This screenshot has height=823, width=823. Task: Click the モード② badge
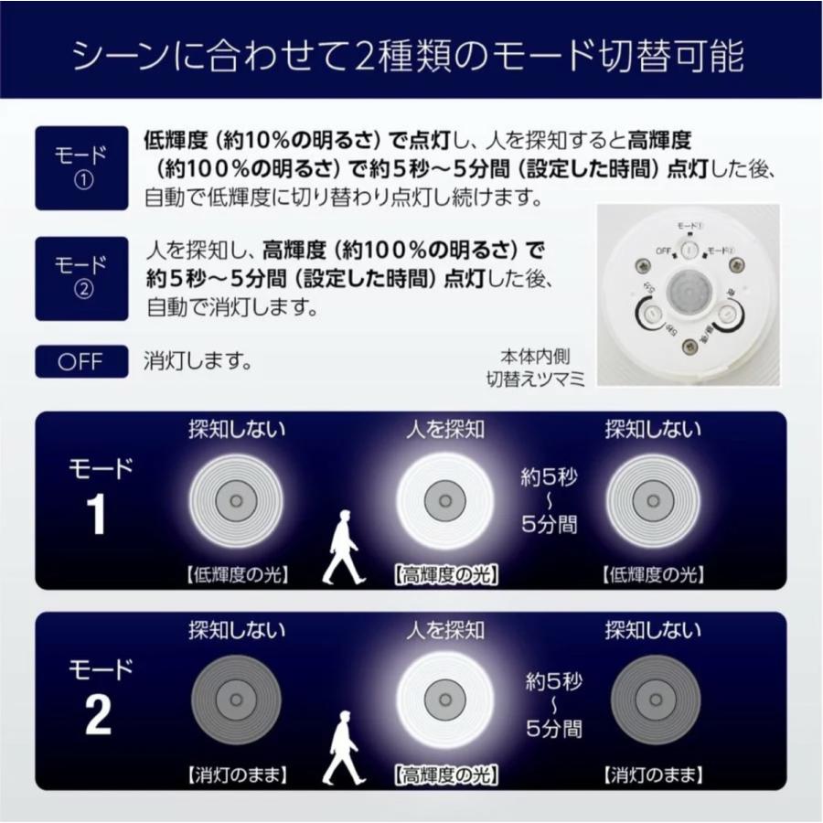[81, 278]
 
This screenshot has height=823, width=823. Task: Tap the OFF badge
[81, 360]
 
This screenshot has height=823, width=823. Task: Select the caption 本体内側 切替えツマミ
[536, 367]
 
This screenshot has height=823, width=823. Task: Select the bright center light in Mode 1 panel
[445, 500]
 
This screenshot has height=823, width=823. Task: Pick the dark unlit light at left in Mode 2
[237, 700]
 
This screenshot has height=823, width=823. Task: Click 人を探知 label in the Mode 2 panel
[445, 630]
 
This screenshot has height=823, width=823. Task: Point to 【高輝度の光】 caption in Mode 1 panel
[445, 575]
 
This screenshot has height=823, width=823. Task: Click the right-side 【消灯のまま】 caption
[654, 776]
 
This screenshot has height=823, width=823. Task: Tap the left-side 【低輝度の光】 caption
[237, 575]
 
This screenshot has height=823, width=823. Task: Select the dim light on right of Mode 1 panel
[654, 500]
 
